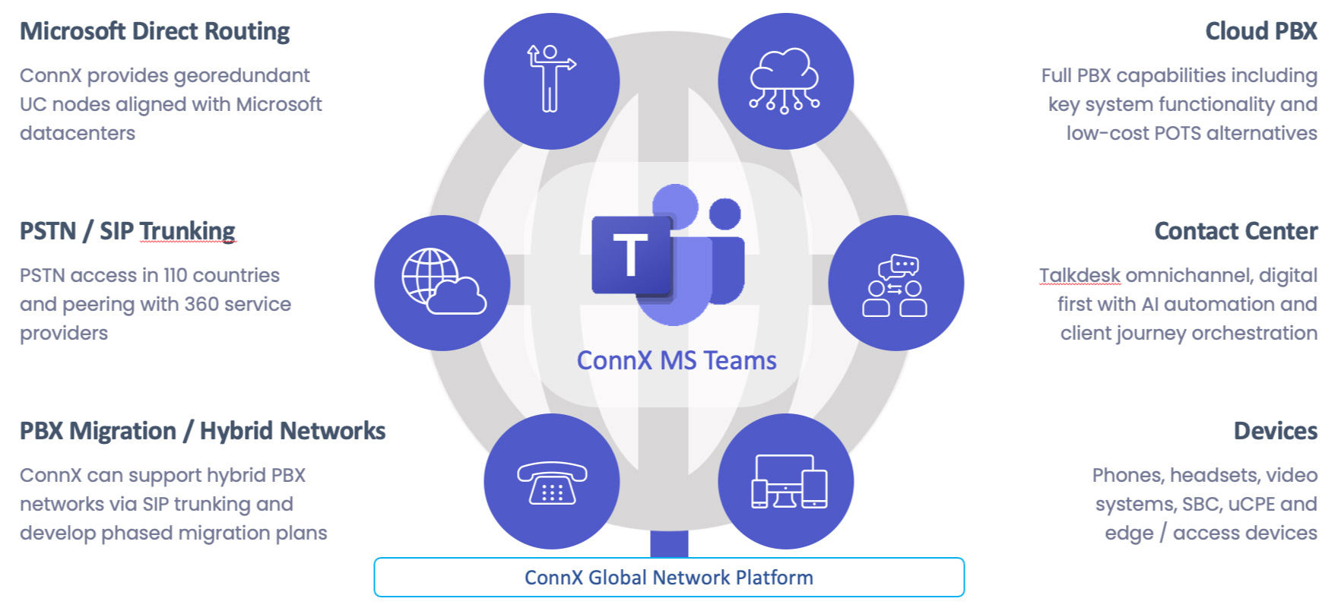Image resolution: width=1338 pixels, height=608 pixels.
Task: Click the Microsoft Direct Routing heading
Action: pyautogui.click(x=154, y=31)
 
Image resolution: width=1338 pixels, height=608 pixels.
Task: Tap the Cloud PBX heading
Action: pyautogui.click(x=1260, y=31)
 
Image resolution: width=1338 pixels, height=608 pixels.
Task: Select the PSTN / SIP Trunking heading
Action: pyautogui.click(x=127, y=231)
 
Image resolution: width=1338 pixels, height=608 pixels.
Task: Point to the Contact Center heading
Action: pyautogui.click(x=1235, y=231)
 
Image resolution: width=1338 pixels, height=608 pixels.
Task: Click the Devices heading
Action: pyautogui.click(x=1275, y=431)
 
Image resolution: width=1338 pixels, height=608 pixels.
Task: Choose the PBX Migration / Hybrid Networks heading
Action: pyautogui.click(x=202, y=431)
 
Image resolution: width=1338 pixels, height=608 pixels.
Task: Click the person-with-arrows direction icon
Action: pyautogui.click(x=551, y=81)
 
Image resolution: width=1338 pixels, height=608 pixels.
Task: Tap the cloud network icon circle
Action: pyautogui.click(x=785, y=81)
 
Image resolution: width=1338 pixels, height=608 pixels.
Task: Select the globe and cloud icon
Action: pyautogui.click(x=442, y=283)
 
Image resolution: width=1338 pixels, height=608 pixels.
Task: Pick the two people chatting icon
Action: pyautogui.click(x=896, y=283)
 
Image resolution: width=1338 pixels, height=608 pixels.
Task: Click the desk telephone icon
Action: pyautogui.click(x=551, y=482)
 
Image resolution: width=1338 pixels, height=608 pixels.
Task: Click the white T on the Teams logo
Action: pyautogui.click(x=630, y=255)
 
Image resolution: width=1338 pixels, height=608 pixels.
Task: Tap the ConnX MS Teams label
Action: pyautogui.click(x=676, y=360)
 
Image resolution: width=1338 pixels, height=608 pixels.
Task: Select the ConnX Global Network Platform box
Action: pyautogui.click(x=668, y=578)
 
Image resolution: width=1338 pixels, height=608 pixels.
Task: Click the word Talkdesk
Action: pyautogui.click(x=1080, y=275)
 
